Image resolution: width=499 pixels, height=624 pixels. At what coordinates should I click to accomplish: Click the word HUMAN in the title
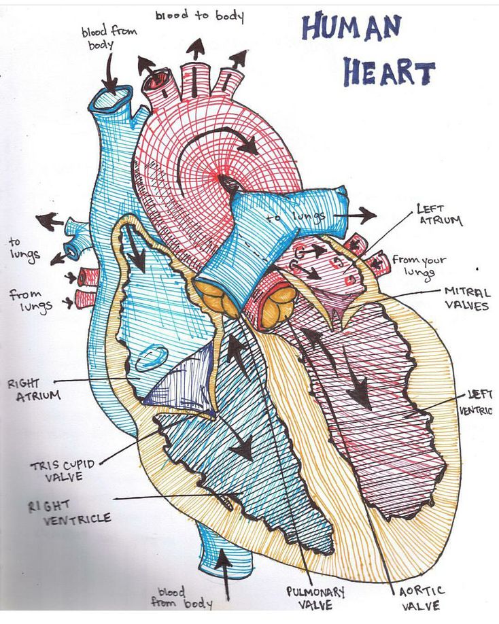(x=351, y=29)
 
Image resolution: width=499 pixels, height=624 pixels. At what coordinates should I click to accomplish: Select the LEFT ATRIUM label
(x=440, y=215)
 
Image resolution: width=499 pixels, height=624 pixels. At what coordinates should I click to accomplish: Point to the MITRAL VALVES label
(x=466, y=298)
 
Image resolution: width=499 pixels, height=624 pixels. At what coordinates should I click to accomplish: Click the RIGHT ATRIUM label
(x=33, y=389)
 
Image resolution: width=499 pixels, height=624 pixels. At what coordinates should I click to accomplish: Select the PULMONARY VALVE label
(x=315, y=597)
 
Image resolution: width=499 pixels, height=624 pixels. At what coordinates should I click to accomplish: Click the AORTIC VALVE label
(x=421, y=598)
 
